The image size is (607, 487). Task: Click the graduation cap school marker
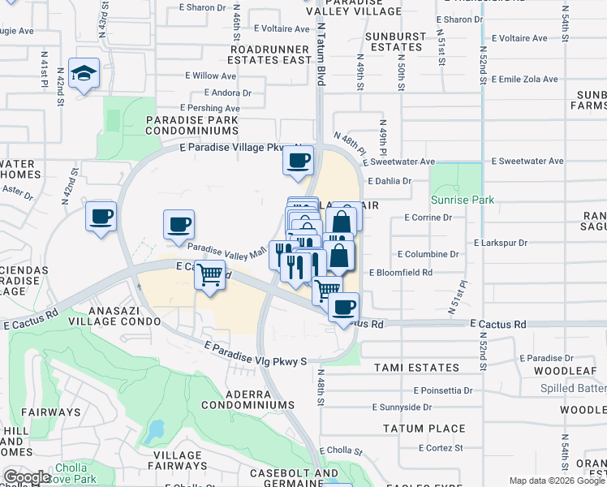coord(84,74)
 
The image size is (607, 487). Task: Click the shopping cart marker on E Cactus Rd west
coord(209,276)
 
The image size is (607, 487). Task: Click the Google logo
coord(27,477)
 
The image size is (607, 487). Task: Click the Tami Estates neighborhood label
coord(416,368)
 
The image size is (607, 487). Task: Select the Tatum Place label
coord(424,429)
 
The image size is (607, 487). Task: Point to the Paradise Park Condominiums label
coord(192,126)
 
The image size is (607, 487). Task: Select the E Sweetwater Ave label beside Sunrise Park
coord(527,162)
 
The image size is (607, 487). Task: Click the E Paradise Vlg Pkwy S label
coord(255,353)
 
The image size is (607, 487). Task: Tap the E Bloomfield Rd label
coord(401,274)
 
